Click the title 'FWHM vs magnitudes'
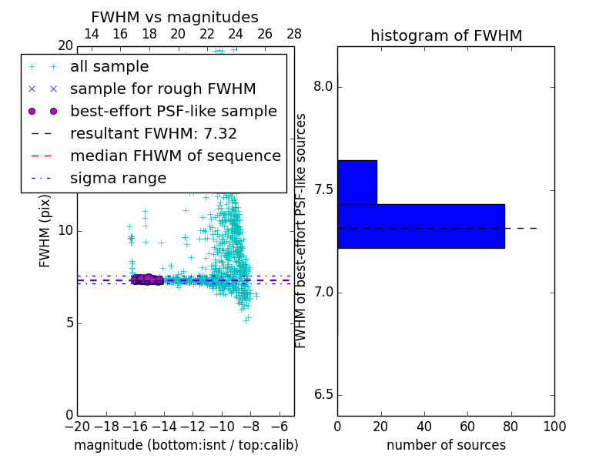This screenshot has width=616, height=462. [x=174, y=17]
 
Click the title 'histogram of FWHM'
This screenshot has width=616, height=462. [x=446, y=35]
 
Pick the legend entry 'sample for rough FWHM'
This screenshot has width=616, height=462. [x=162, y=89]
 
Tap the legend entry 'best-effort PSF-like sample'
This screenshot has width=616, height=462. [x=173, y=112]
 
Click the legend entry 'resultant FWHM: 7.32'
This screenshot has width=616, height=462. [x=153, y=134]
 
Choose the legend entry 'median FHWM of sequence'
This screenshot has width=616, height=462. [x=175, y=156]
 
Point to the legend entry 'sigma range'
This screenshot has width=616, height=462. [x=118, y=179]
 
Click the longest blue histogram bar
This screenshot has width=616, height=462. [x=420, y=226]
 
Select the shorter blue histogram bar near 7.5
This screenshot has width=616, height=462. [x=357, y=182]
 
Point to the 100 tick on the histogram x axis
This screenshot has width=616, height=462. [x=554, y=426]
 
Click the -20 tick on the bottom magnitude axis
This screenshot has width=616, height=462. [x=77, y=426]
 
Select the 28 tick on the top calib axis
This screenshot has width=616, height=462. [x=294, y=34]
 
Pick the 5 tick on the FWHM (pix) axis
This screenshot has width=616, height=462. [x=69, y=323]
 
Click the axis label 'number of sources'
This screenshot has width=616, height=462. [x=446, y=445]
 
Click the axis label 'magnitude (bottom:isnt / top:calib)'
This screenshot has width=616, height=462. [x=186, y=445]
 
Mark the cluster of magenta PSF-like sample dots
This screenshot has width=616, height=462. [x=146, y=280]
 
